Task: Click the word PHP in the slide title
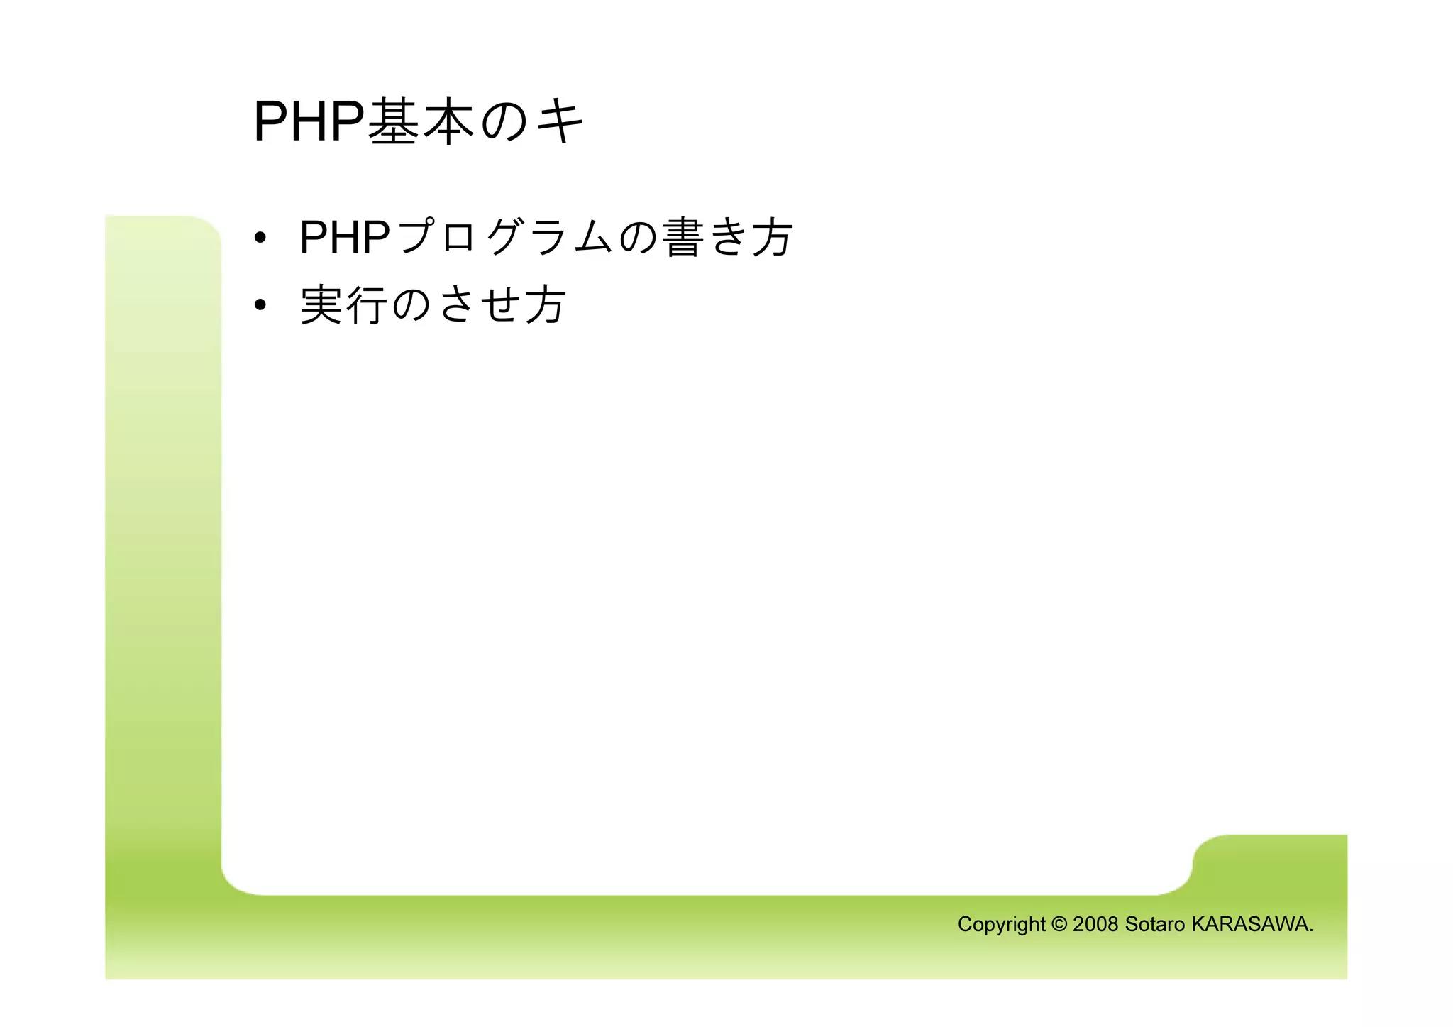[x=308, y=122]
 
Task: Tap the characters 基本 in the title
[x=421, y=122]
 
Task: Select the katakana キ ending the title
[x=560, y=122]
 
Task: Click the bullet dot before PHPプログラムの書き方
[x=260, y=238]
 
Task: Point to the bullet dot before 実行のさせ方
[x=260, y=305]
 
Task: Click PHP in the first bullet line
[x=344, y=237]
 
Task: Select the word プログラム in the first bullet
[x=505, y=237]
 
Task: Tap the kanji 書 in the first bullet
[x=683, y=237]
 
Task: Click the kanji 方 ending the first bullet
[x=772, y=237]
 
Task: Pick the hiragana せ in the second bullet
[x=501, y=305]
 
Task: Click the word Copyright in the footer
[x=1001, y=925]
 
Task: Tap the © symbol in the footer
[x=1059, y=924]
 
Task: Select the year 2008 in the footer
[x=1095, y=924]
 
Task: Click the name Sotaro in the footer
[x=1155, y=924]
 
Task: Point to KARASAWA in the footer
[x=1250, y=924]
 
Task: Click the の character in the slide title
[x=504, y=122]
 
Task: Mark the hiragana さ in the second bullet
[x=456, y=305]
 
